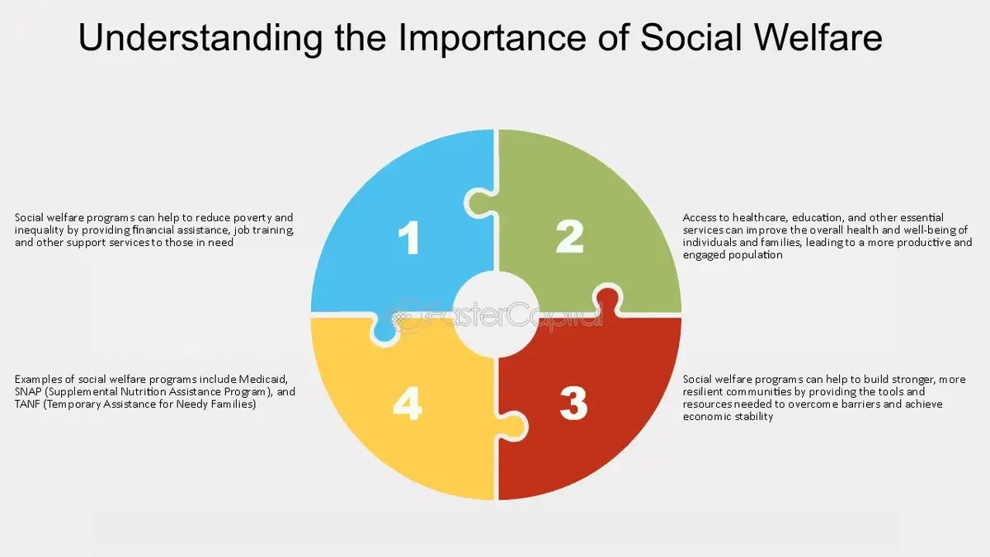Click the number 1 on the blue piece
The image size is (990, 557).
point(409,238)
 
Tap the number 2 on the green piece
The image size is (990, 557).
point(570,237)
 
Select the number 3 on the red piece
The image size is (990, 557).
point(573,404)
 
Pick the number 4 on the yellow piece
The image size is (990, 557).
point(407,404)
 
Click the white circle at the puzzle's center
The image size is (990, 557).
point(496,314)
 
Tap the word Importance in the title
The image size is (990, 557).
point(493,39)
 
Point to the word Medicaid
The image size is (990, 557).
point(263,380)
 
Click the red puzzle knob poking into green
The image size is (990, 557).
point(608,300)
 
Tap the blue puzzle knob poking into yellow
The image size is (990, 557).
point(384,332)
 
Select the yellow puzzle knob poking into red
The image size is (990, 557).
point(512,426)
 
